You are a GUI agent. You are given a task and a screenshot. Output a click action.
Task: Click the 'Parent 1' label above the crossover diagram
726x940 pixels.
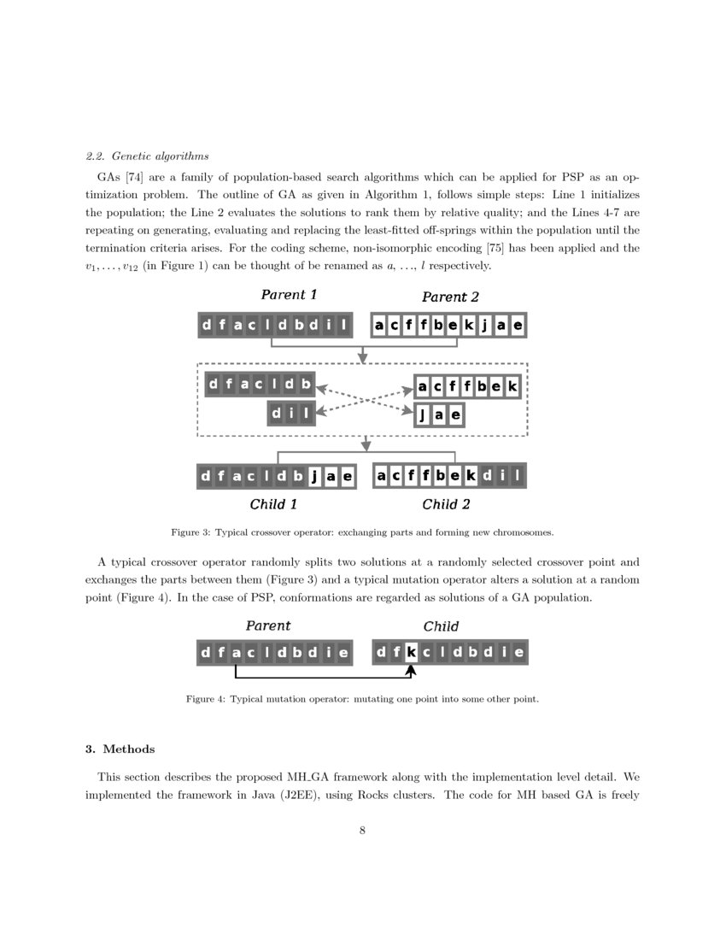(289, 295)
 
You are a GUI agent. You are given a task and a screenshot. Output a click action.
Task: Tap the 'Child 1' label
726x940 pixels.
(273, 504)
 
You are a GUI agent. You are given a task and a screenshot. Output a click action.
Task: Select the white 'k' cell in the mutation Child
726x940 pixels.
(411, 654)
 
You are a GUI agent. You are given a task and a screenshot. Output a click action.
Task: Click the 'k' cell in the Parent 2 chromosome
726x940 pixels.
(470, 326)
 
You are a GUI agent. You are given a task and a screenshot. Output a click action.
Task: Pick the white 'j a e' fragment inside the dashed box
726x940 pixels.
(440, 415)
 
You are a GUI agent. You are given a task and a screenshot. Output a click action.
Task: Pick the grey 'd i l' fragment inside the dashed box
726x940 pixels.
(291, 414)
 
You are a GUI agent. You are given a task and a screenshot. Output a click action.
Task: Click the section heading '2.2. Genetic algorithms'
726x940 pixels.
(147, 156)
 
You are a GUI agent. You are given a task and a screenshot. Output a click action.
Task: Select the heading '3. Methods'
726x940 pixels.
(120, 749)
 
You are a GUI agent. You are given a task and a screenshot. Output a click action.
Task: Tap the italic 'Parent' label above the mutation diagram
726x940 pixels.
(268, 626)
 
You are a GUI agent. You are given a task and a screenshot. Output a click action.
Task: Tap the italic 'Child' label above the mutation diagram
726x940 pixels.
(441, 626)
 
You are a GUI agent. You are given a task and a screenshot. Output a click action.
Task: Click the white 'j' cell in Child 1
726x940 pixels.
(313, 477)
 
